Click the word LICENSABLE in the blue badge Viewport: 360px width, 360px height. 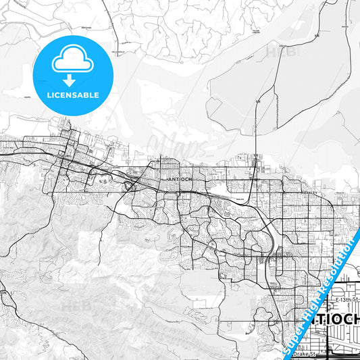(72, 95)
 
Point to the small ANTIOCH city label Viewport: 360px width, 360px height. (178, 178)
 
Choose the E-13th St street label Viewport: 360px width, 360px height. (346, 298)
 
